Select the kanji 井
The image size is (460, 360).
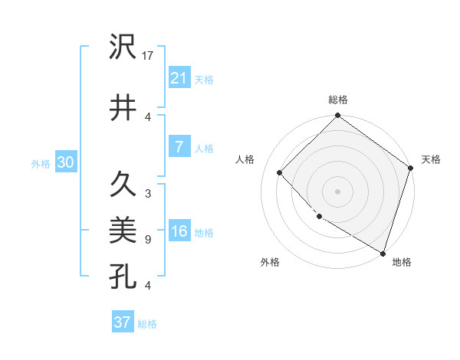tap(123, 107)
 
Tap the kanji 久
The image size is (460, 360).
tap(123, 184)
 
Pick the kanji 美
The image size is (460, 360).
tap(123, 229)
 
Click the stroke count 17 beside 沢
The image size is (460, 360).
tap(149, 56)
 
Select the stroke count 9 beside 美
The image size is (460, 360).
tap(147, 240)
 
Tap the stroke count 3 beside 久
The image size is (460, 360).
tap(147, 194)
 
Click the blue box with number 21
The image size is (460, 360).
tap(179, 77)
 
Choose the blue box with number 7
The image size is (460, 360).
tap(179, 147)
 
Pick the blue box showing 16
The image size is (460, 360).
tap(179, 232)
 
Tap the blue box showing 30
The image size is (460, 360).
tap(65, 162)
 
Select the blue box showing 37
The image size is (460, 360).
tap(122, 322)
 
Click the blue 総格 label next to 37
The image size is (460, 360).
tap(148, 324)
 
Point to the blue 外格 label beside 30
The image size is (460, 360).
tap(41, 163)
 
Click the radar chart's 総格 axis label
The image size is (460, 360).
tap(337, 100)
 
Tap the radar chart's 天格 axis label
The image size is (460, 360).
tap(431, 159)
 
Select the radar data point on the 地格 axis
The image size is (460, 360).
tap(383, 252)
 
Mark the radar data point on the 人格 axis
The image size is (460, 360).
tap(280, 172)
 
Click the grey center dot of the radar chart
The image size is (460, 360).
tap(337, 191)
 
